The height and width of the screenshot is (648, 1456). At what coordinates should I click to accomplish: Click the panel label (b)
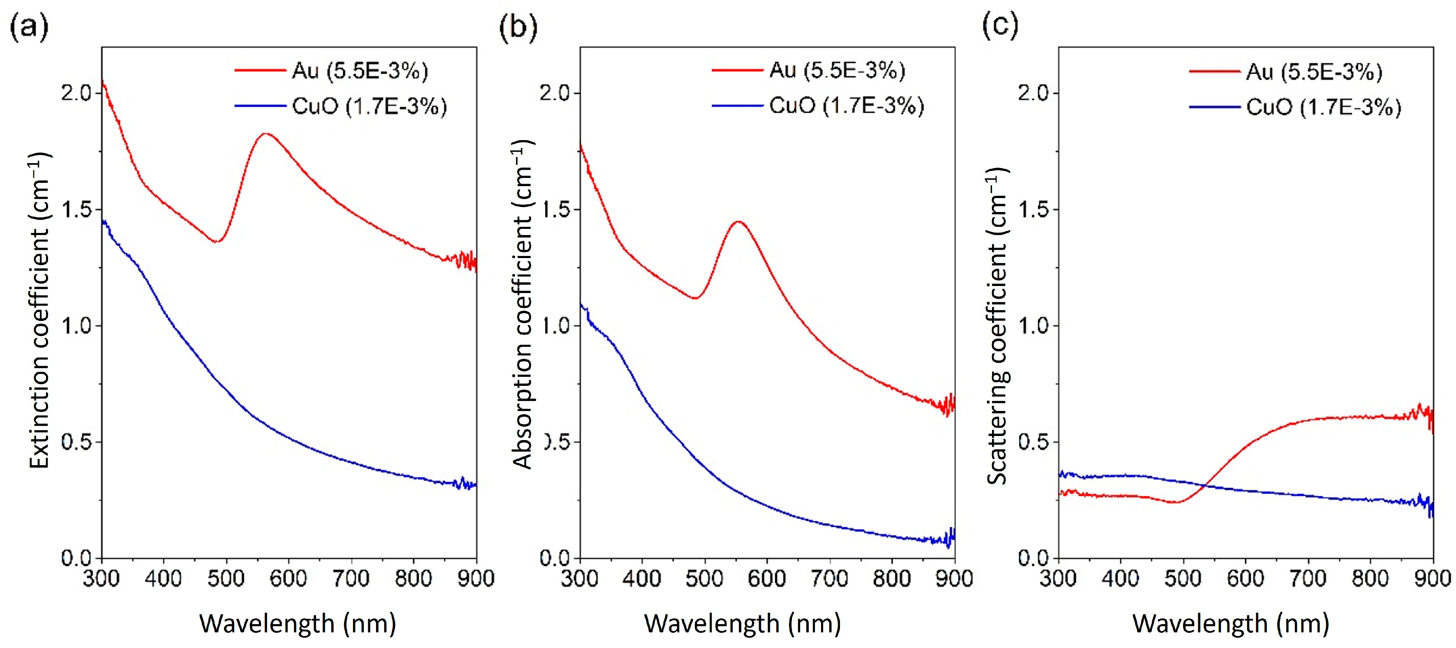(518, 27)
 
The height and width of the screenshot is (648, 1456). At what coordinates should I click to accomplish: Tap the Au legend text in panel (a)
(360, 71)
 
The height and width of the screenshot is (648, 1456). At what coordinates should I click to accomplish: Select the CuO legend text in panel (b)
(846, 106)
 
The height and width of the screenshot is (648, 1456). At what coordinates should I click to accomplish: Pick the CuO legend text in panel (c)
(1323, 107)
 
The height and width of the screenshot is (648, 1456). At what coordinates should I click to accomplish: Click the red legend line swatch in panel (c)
(1214, 72)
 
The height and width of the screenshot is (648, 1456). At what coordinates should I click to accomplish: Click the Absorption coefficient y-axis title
(522, 305)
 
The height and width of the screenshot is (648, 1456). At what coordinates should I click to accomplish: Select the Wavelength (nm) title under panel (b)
(742, 624)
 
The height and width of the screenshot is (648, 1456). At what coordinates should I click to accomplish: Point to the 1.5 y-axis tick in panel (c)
(1033, 210)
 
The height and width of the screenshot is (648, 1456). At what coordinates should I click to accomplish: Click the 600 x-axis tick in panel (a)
(288, 579)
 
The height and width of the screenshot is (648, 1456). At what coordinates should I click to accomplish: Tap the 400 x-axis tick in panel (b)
(641, 579)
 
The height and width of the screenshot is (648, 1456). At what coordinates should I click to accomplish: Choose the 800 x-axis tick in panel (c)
(1370, 579)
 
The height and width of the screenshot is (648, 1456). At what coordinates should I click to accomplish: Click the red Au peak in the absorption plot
(738, 221)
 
